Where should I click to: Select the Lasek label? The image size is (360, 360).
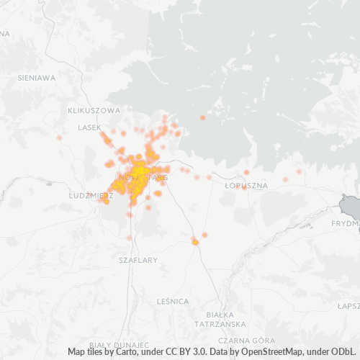[x=89, y=127]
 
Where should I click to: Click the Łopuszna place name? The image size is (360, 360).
[x=246, y=185]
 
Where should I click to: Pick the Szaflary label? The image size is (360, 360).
[x=137, y=260]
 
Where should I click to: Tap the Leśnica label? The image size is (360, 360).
[x=172, y=300]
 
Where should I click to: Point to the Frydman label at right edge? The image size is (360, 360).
[x=345, y=223]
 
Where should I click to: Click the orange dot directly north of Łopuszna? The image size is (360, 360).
[x=246, y=172]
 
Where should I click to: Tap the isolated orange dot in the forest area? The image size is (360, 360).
[x=202, y=117]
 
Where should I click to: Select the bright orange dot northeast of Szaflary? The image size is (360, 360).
[x=195, y=242]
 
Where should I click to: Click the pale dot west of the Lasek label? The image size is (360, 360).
[x=59, y=136]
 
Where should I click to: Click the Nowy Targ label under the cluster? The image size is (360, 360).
[x=141, y=176]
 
